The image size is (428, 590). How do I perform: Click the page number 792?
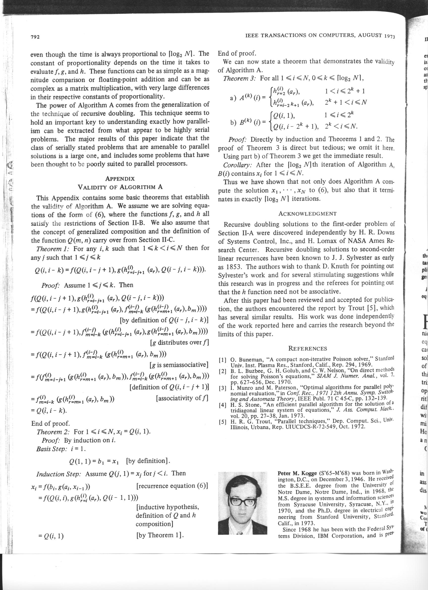pos(35,37)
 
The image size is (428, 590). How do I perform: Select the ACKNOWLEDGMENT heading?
pos(307,214)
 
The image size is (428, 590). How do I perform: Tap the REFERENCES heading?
pos(308,349)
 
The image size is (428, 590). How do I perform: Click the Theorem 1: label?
pos(53,248)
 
